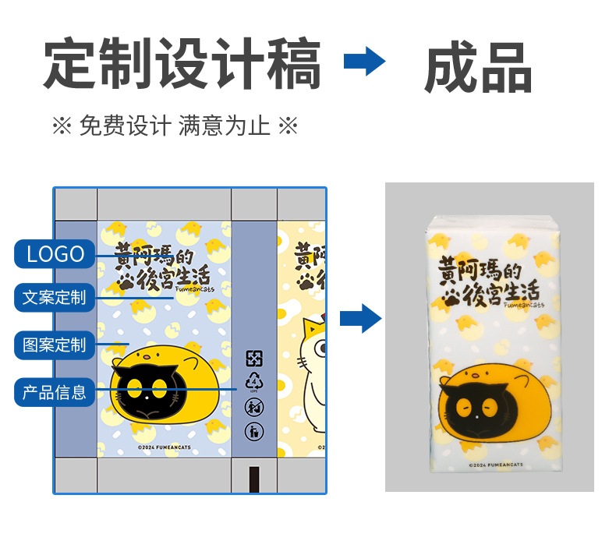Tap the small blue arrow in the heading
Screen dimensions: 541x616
(x=364, y=61)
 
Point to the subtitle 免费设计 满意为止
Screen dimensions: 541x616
(x=175, y=126)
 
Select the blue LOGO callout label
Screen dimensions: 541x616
(x=55, y=253)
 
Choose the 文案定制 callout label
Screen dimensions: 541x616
(x=55, y=297)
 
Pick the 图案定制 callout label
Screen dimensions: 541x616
(x=55, y=344)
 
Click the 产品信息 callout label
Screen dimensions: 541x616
(x=55, y=391)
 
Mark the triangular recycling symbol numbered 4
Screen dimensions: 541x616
(x=254, y=382)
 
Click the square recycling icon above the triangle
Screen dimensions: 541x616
(x=254, y=359)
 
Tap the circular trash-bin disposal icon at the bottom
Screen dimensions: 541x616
(x=254, y=430)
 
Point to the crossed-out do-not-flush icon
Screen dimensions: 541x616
(x=254, y=406)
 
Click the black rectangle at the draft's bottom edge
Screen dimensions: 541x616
(x=254, y=479)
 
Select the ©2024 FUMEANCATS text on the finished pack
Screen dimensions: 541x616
(x=497, y=465)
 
